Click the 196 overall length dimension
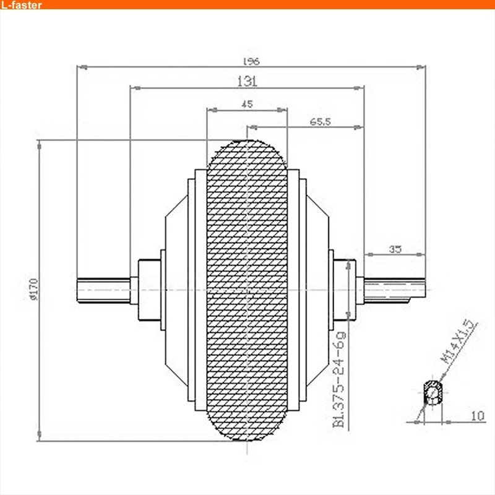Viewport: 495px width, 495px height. (251, 61)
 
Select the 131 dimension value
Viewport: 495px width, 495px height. (247, 81)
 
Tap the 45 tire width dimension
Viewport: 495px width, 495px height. (247, 104)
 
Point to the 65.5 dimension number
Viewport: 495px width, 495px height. (320, 121)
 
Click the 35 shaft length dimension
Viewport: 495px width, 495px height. (395, 249)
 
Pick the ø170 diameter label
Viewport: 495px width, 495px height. (33, 289)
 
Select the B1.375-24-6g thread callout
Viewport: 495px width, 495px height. (339, 379)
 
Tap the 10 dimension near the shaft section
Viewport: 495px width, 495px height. (478, 416)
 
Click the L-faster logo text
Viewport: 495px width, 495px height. (21, 5)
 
